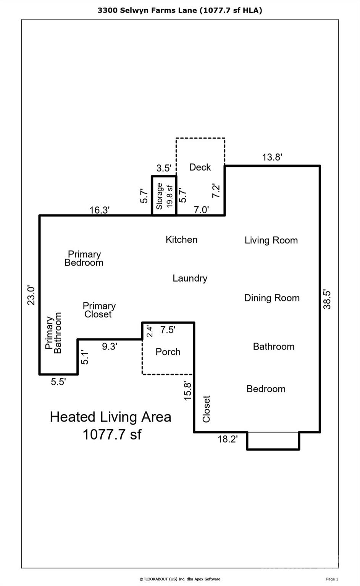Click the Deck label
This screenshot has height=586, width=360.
pos(200,167)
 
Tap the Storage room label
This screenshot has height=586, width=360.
pos(160,196)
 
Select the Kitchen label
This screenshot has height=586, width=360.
pos(181,240)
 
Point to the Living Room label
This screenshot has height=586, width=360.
pos(271,240)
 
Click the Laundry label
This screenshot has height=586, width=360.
pos(190,278)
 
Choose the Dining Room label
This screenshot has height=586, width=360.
pos(272,298)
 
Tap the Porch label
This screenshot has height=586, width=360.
pos(168,352)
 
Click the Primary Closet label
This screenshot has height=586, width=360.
pos(99,310)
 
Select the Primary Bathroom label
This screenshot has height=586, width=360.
pos(53,333)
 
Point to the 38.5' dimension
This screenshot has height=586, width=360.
pos(327,299)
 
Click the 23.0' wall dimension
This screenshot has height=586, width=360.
pos(31,296)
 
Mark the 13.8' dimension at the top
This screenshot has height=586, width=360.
pos(272,157)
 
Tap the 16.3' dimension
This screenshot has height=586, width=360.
pos(100,210)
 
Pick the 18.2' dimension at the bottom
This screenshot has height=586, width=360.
pos(228,439)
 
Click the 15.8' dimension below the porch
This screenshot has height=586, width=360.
pos(188,390)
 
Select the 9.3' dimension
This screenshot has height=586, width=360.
pos(109,347)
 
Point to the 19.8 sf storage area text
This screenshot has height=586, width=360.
pos(170,196)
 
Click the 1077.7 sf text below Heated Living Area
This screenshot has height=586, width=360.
pos(112,435)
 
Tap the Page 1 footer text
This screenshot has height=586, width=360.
pos(332,579)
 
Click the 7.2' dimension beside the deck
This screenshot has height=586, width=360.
pos(216,191)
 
